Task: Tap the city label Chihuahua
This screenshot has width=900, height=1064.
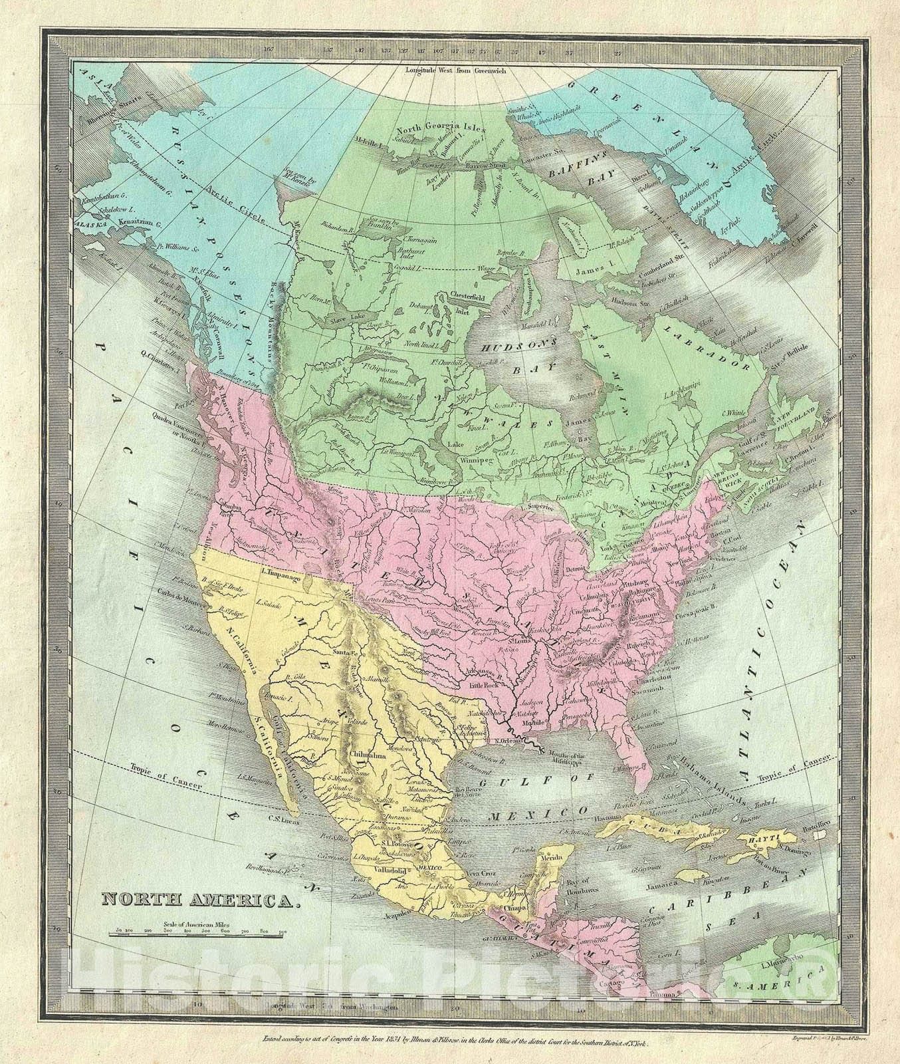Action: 363,755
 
